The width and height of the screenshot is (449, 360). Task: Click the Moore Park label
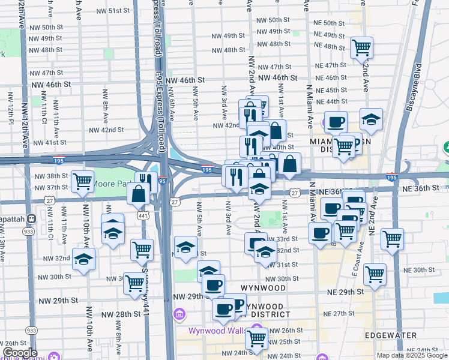pos(114,182)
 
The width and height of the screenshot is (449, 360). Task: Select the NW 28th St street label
pos(119,314)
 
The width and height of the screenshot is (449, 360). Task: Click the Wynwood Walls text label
pos(215,330)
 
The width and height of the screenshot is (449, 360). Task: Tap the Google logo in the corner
pos(20,353)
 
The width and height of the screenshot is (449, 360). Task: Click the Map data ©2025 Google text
pos(411,355)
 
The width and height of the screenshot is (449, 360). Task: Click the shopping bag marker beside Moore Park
pos(139,193)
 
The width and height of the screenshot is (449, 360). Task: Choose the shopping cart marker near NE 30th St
pos(375,274)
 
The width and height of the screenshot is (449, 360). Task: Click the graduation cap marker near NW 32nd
pos(84,259)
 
